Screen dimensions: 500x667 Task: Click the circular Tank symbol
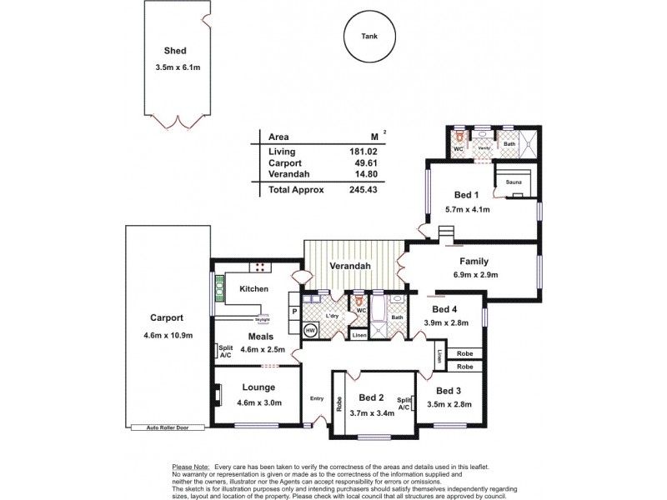coord(369,37)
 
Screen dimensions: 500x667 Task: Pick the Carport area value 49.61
coord(364,162)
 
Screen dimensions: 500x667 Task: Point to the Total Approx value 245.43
coord(364,190)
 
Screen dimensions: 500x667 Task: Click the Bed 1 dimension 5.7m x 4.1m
coord(467,210)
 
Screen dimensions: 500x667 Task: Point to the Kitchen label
coord(253,289)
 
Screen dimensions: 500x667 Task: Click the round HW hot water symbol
coord(310,331)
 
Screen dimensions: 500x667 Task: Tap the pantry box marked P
coord(293,312)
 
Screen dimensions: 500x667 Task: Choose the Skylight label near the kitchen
coord(262,319)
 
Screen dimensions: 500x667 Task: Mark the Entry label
coord(316,397)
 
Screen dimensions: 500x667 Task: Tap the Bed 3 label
coord(448,391)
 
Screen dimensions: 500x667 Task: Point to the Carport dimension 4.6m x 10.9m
coord(167,335)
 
